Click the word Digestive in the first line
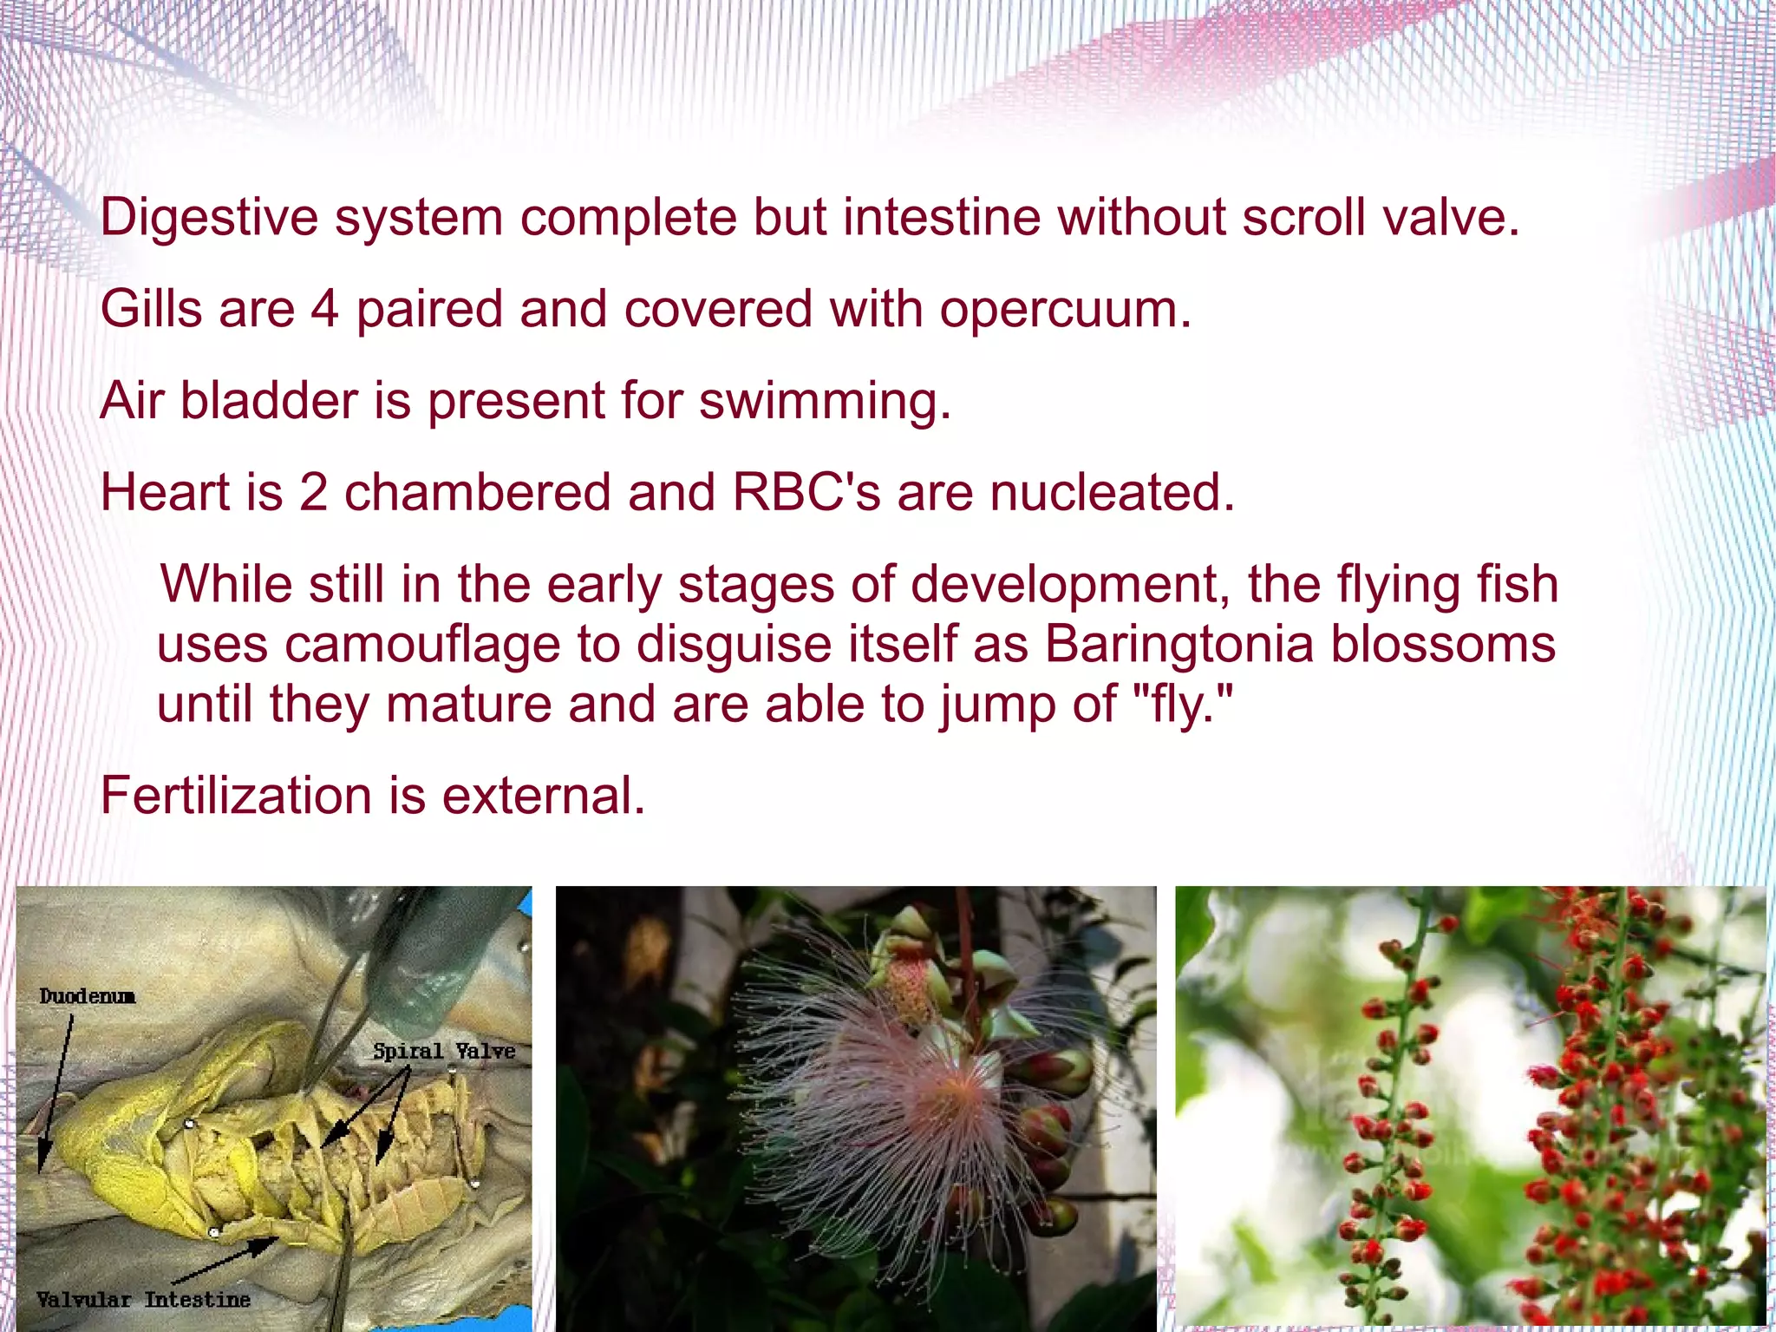tap(208, 217)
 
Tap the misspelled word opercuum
tap(1065, 310)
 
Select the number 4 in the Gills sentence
tap(324, 309)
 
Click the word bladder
tap(269, 401)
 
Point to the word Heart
tap(164, 492)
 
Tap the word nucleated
tap(1112, 492)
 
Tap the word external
tap(544, 796)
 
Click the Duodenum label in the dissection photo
tap(87, 996)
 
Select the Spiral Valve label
tap(444, 1051)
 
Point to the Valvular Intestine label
tap(143, 1299)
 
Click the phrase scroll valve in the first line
tap(1381, 217)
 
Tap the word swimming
tap(825, 401)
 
